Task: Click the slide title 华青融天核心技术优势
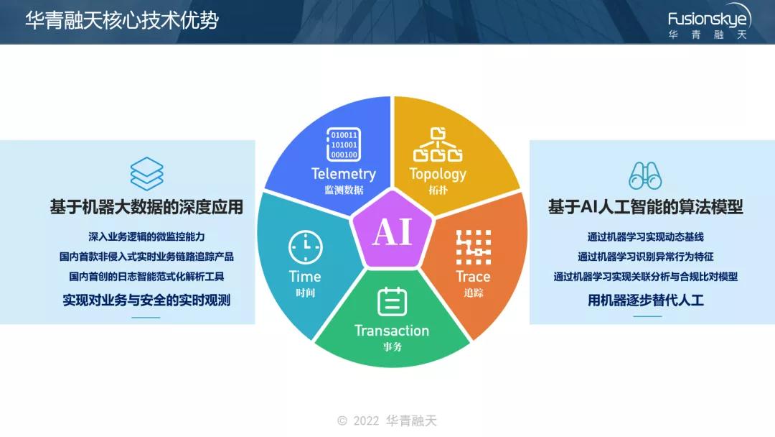tap(122, 19)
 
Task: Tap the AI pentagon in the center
tap(392, 231)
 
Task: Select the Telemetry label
tap(344, 174)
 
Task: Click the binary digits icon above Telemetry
tap(344, 144)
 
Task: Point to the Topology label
tap(438, 174)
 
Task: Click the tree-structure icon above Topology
tap(438, 144)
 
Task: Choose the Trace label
tap(473, 276)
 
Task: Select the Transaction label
tap(392, 331)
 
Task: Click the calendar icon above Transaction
tap(392, 302)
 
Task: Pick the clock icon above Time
tap(305, 248)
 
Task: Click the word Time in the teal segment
tap(305, 276)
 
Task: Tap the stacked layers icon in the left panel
tap(146, 173)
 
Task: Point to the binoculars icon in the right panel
tap(645, 175)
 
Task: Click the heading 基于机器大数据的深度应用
tap(146, 208)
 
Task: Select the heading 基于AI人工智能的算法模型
tap(645, 208)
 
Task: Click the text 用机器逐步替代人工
tap(645, 300)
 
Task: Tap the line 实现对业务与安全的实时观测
tap(146, 300)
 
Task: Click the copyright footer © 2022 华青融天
tap(387, 420)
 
